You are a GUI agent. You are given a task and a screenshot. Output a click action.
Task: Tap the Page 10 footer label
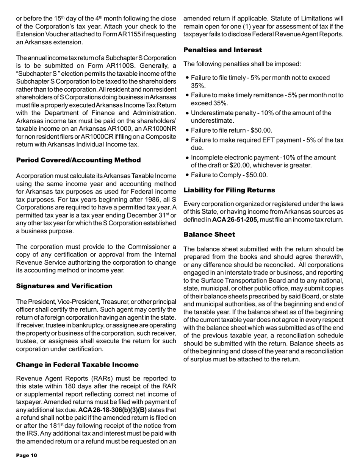click(x=26, y=455)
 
